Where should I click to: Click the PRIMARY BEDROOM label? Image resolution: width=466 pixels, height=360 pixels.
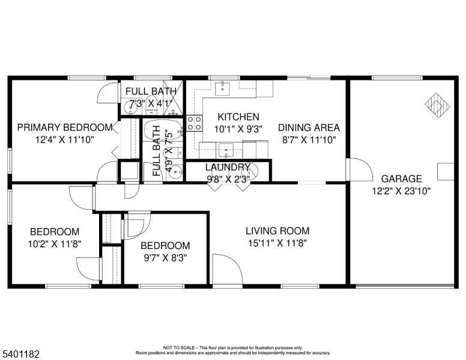(x=64, y=127)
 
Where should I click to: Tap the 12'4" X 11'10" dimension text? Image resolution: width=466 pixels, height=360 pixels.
(x=64, y=139)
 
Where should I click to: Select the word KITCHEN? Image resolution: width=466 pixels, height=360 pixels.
(x=238, y=117)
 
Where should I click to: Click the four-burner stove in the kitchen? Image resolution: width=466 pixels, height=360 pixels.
(x=194, y=123)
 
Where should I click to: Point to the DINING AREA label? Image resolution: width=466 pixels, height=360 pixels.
(x=309, y=127)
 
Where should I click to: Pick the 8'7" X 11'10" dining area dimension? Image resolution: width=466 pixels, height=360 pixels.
(x=309, y=139)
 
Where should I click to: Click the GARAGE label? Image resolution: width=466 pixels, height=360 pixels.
(x=401, y=178)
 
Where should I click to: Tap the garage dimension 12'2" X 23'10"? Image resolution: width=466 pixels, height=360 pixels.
(x=401, y=190)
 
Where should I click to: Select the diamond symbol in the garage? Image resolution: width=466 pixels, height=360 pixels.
(x=438, y=104)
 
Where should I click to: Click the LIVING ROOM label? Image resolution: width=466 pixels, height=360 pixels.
(x=277, y=230)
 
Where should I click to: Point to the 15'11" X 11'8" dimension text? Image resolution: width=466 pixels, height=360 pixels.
(x=277, y=242)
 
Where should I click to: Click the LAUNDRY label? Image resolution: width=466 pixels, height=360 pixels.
(x=228, y=167)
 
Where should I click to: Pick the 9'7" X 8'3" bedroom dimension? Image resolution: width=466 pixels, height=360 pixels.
(x=165, y=257)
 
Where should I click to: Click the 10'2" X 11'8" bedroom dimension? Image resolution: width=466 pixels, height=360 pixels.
(x=55, y=244)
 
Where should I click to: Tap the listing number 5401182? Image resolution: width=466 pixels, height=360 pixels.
(x=21, y=355)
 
